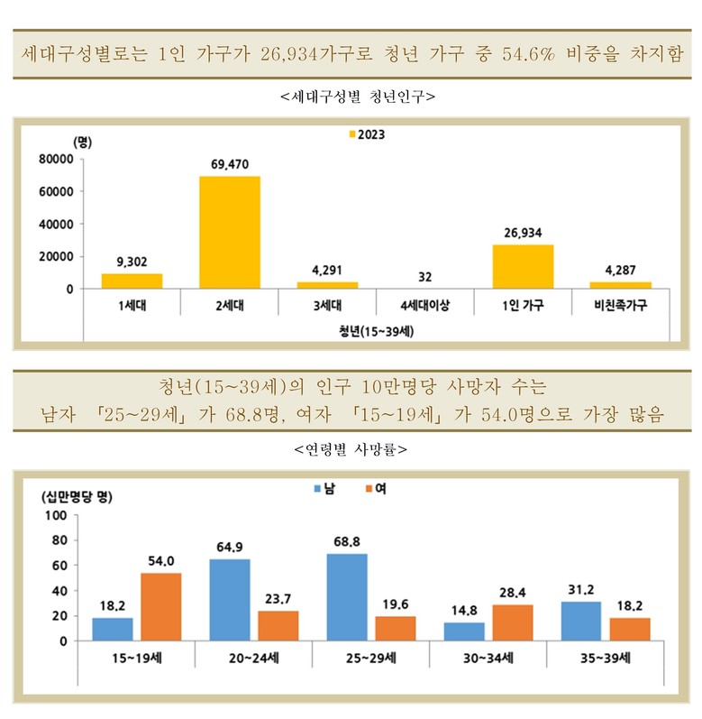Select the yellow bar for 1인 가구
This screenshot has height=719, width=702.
point(523,266)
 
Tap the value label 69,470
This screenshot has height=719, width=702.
point(230,164)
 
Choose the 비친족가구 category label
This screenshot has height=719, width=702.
point(621,306)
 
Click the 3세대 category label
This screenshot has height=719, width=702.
point(327,306)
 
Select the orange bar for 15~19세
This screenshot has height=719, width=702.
point(160,606)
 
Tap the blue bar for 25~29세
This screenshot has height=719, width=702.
point(347,597)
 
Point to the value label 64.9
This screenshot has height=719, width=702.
point(231,548)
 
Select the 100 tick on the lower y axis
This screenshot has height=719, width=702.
point(57,515)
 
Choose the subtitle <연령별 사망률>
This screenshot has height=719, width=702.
point(351,447)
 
